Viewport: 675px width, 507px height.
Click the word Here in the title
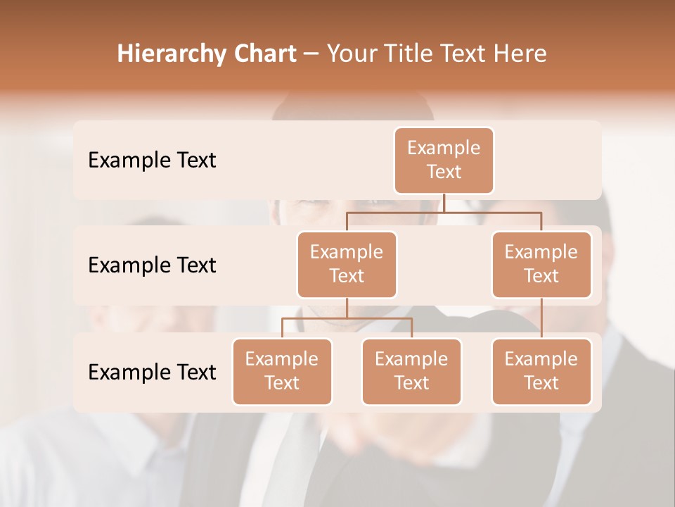point(520,54)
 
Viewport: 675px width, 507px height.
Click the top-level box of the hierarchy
point(444,160)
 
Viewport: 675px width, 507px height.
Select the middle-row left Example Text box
point(347,264)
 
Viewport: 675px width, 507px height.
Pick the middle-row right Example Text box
point(541,264)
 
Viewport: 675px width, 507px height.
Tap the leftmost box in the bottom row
point(282,371)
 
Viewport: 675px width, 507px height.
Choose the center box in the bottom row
point(411,371)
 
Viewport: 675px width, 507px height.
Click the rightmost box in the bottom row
point(541,371)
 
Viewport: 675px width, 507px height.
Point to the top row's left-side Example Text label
point(152,161)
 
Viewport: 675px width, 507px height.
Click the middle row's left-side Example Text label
point(152,265)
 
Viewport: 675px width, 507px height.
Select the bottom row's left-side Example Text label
point(152,372)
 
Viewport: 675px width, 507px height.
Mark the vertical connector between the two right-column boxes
point(541,318)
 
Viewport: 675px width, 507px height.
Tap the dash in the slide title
point(311,54)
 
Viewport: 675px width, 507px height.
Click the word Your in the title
point(349,54)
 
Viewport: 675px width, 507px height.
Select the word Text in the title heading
point(465,54)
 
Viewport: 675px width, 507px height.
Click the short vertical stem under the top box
point(444,203)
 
